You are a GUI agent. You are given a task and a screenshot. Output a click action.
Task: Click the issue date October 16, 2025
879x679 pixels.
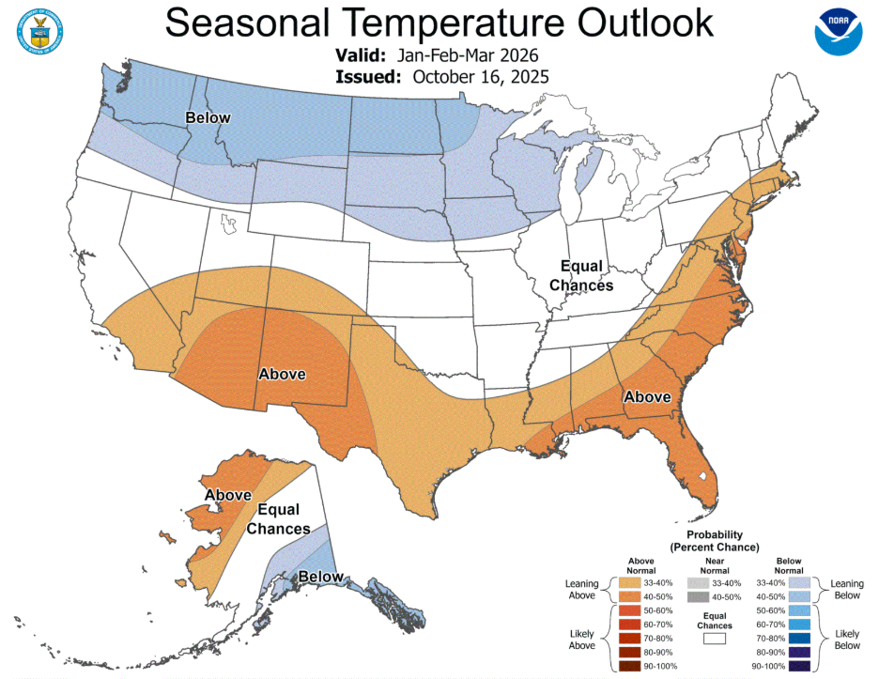click(x=480, y=77)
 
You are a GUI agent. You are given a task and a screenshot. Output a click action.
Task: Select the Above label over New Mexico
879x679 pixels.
click(x=282, y=374)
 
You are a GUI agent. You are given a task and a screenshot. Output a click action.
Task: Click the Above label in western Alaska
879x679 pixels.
click(x=227, y=495)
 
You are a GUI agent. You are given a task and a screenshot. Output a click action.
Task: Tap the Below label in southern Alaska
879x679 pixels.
click(x=321, y=578)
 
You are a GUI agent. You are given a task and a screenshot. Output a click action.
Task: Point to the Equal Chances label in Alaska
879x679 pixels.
click(x=278, y=519)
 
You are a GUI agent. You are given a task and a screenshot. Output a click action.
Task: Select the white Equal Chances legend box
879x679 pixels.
click(x=714, y=638)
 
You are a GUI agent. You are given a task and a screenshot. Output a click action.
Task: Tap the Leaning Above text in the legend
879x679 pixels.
click(x=582, y=589)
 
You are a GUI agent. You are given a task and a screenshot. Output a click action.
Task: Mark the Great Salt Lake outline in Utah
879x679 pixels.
click(x=227, y=222)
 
